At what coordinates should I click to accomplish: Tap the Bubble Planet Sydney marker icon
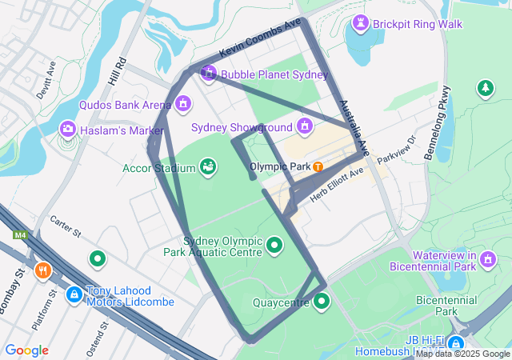(x=209, y=74)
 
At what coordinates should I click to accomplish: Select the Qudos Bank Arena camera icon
(x=184, y=104)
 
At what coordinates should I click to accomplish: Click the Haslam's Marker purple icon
(x=68, y=129)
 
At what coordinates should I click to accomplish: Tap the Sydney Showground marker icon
(x=304, y=126)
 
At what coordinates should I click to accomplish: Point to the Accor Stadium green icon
(x=208, y=166)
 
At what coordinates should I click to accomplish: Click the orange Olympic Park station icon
(x=318, y=166)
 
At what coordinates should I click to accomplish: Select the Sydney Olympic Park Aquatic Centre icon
(x=274, y=245)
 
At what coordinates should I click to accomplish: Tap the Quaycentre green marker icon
(x=322, y=302)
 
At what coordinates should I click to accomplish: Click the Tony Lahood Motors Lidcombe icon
(x=74, y=294)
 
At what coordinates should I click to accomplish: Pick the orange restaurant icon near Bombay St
(x=43, y=270)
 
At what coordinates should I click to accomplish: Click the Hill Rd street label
(x=117, y=71)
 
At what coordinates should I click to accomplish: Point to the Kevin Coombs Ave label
(x=260, y=38)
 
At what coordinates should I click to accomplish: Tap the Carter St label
(x=66, y=227)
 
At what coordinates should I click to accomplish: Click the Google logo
(x=26, y=350)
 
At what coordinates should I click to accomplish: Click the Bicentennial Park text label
(x=446, y=306)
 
